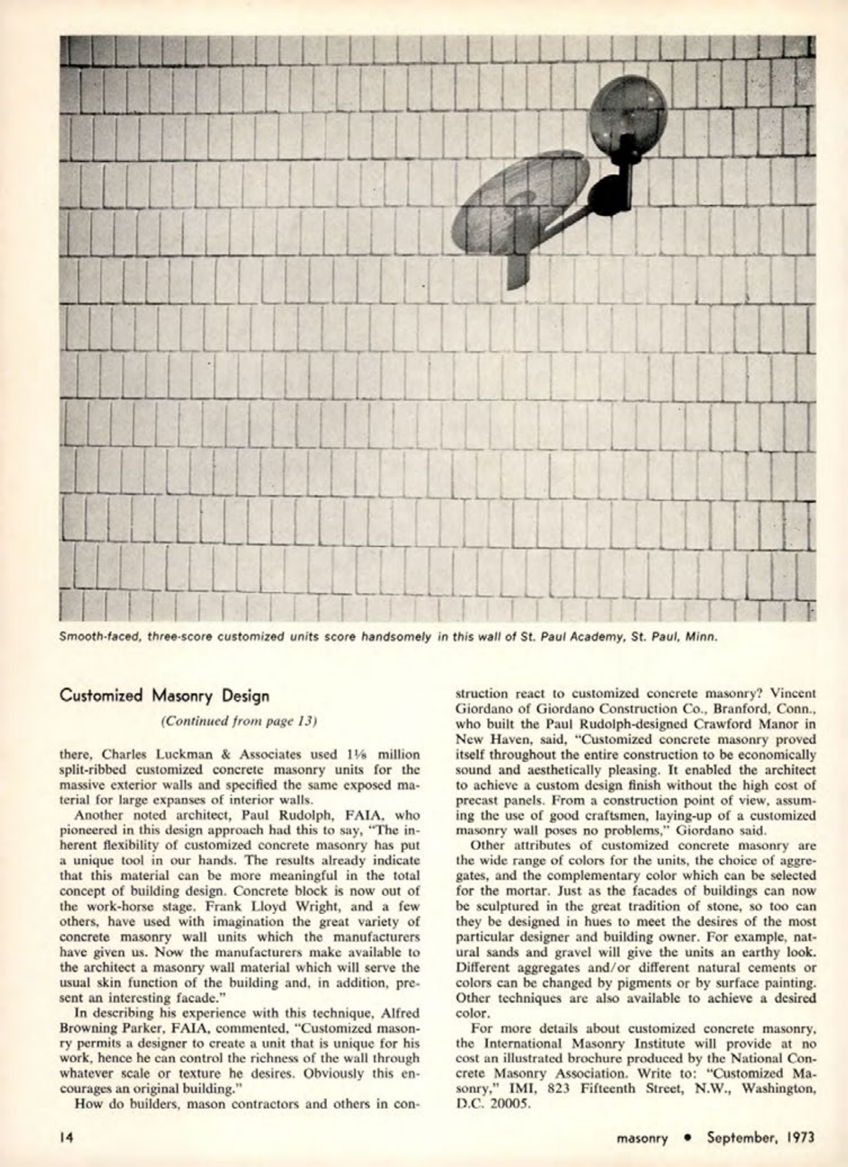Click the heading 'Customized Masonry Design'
click(x=164, y=696)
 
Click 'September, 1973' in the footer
click(x=761, y=1138)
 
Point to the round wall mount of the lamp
click(x=606, y=195)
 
